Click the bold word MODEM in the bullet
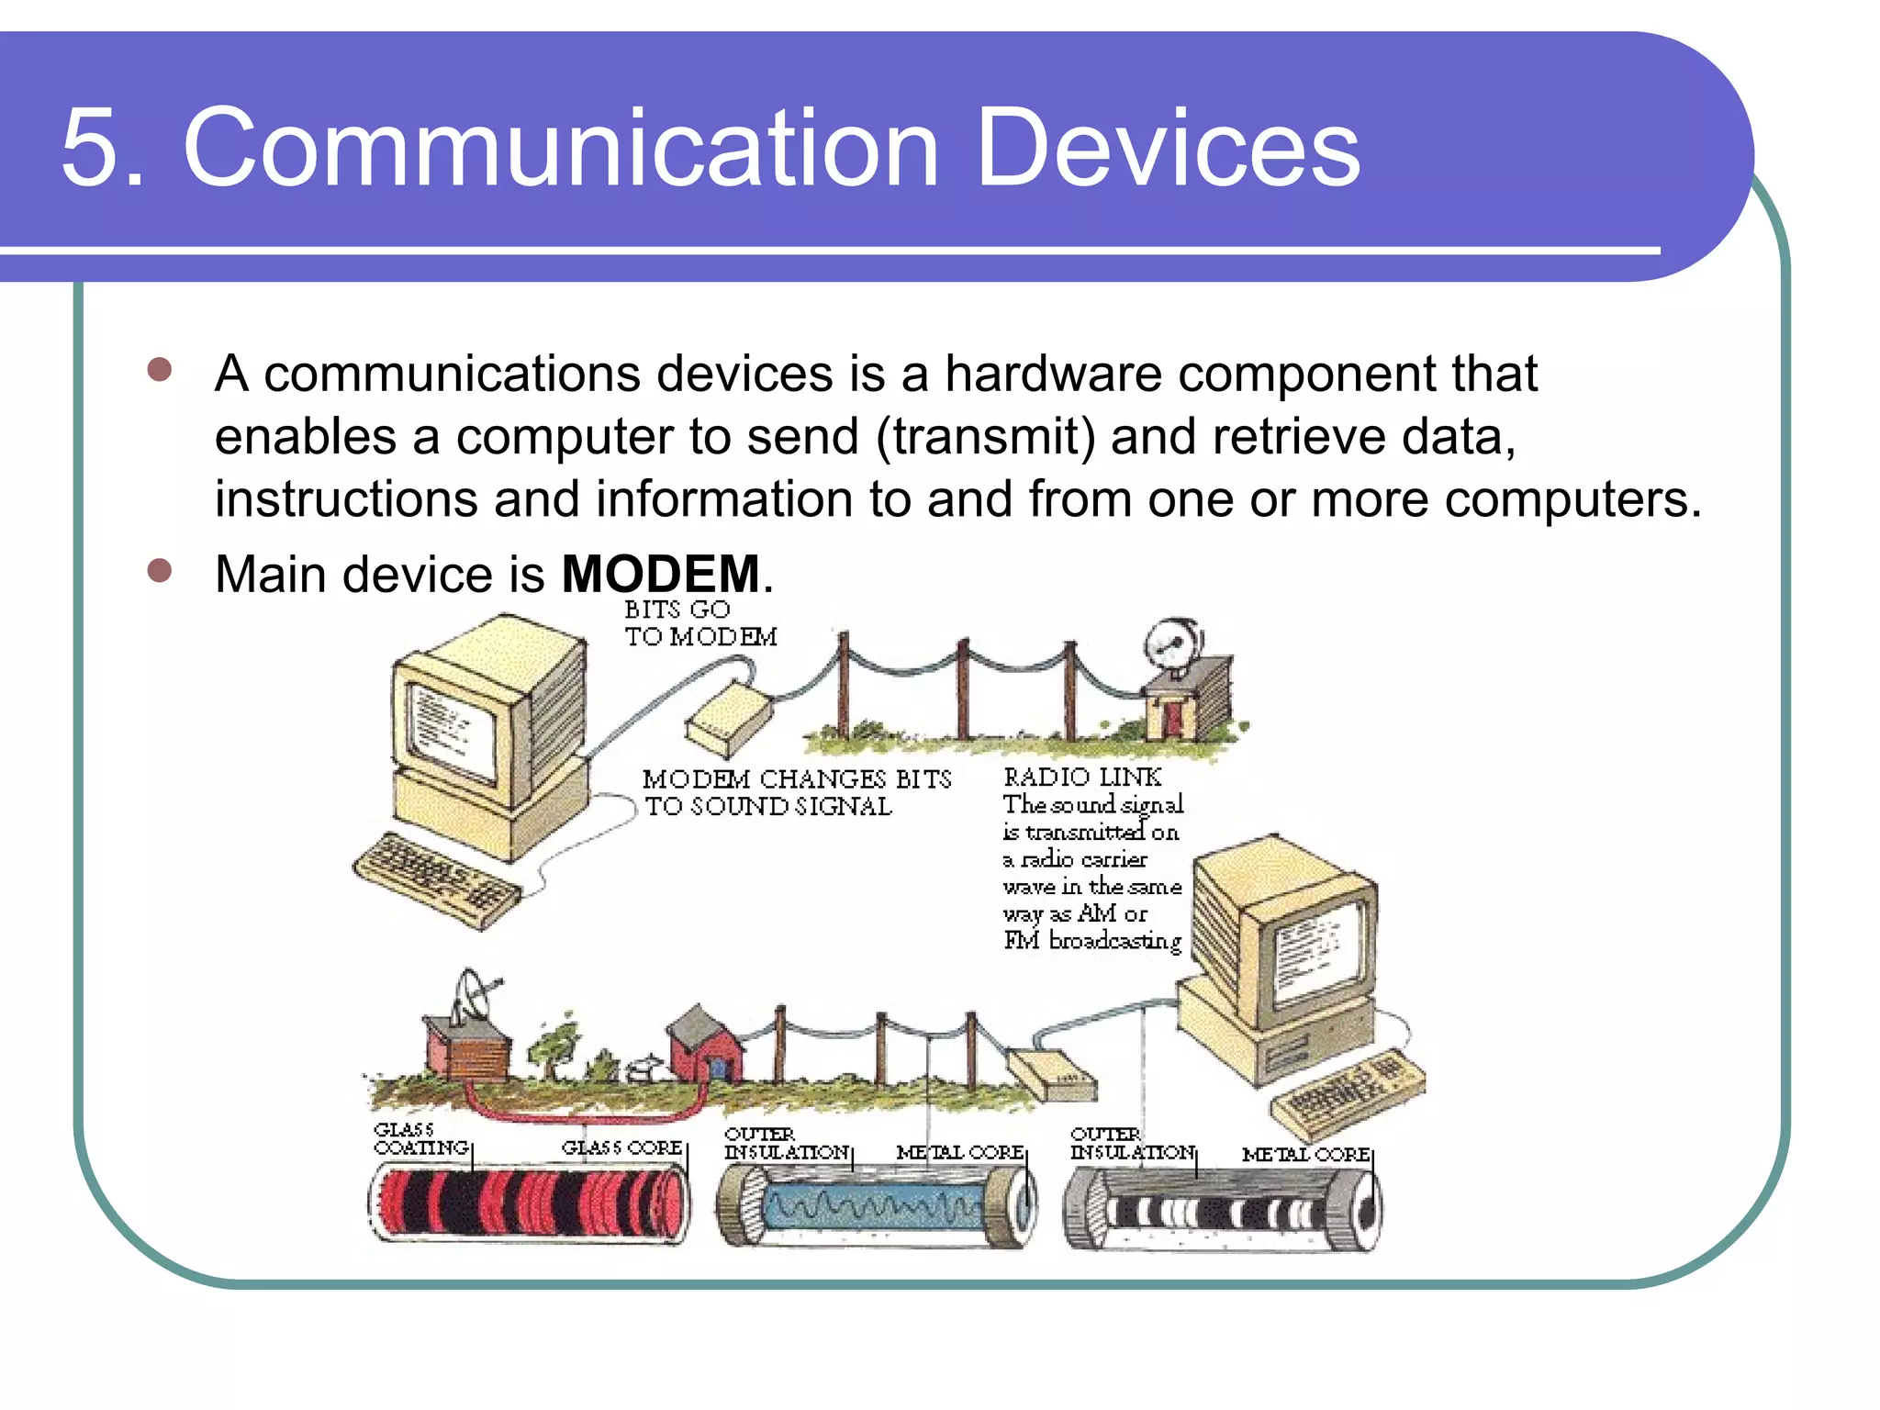point(660,575)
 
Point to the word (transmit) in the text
point(985,437)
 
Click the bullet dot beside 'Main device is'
point(160,571)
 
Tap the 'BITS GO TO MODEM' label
point(699,623)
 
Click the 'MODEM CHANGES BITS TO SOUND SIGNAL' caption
point(796,792)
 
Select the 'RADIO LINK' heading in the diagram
point(1082,778)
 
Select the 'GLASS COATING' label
point(420,1139)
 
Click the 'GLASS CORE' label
point(621,1147)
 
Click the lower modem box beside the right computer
point(1052,1074)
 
